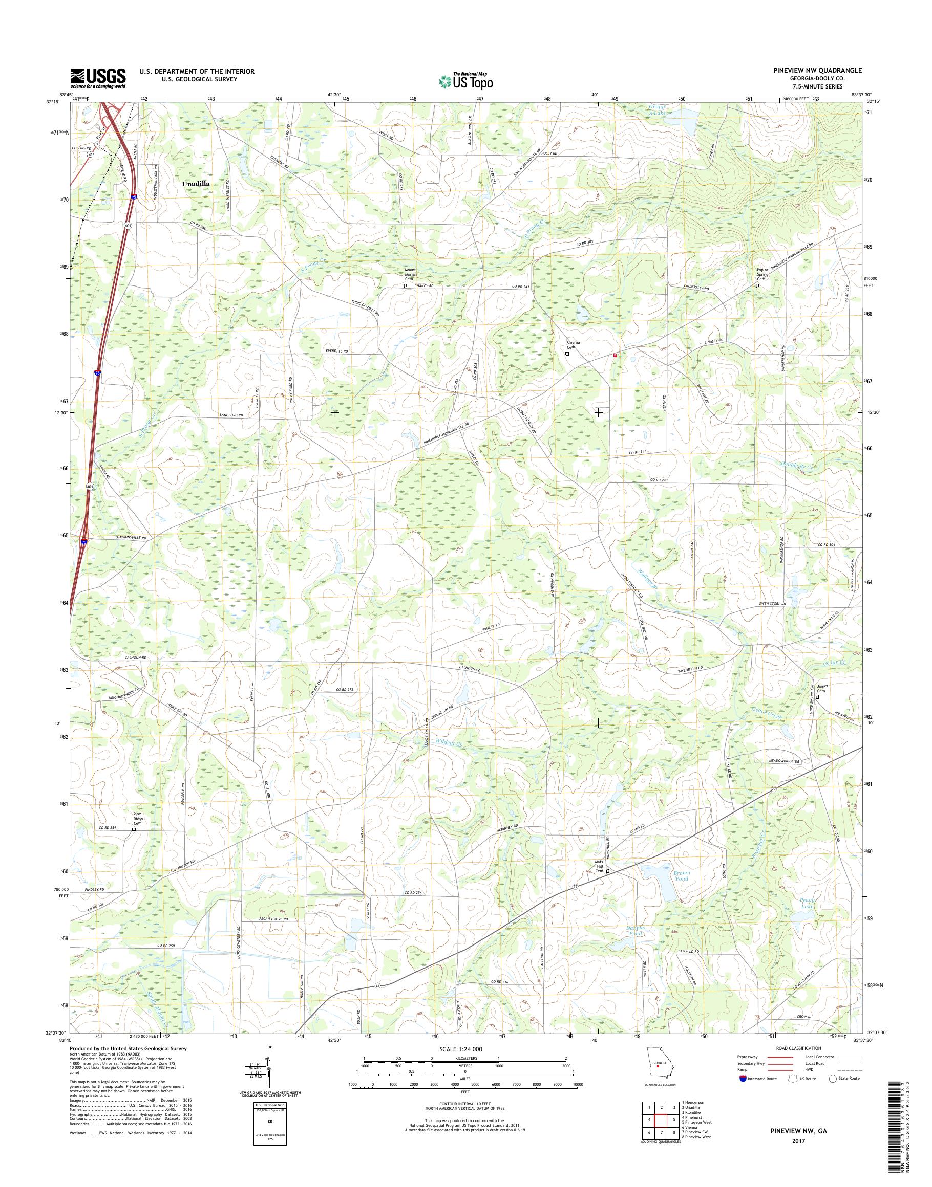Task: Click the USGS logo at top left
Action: tap(98, 78)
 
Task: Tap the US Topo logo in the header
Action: tap(465, 81)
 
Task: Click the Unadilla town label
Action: tap(196, 184)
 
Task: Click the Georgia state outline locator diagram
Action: tap(659, 1064)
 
